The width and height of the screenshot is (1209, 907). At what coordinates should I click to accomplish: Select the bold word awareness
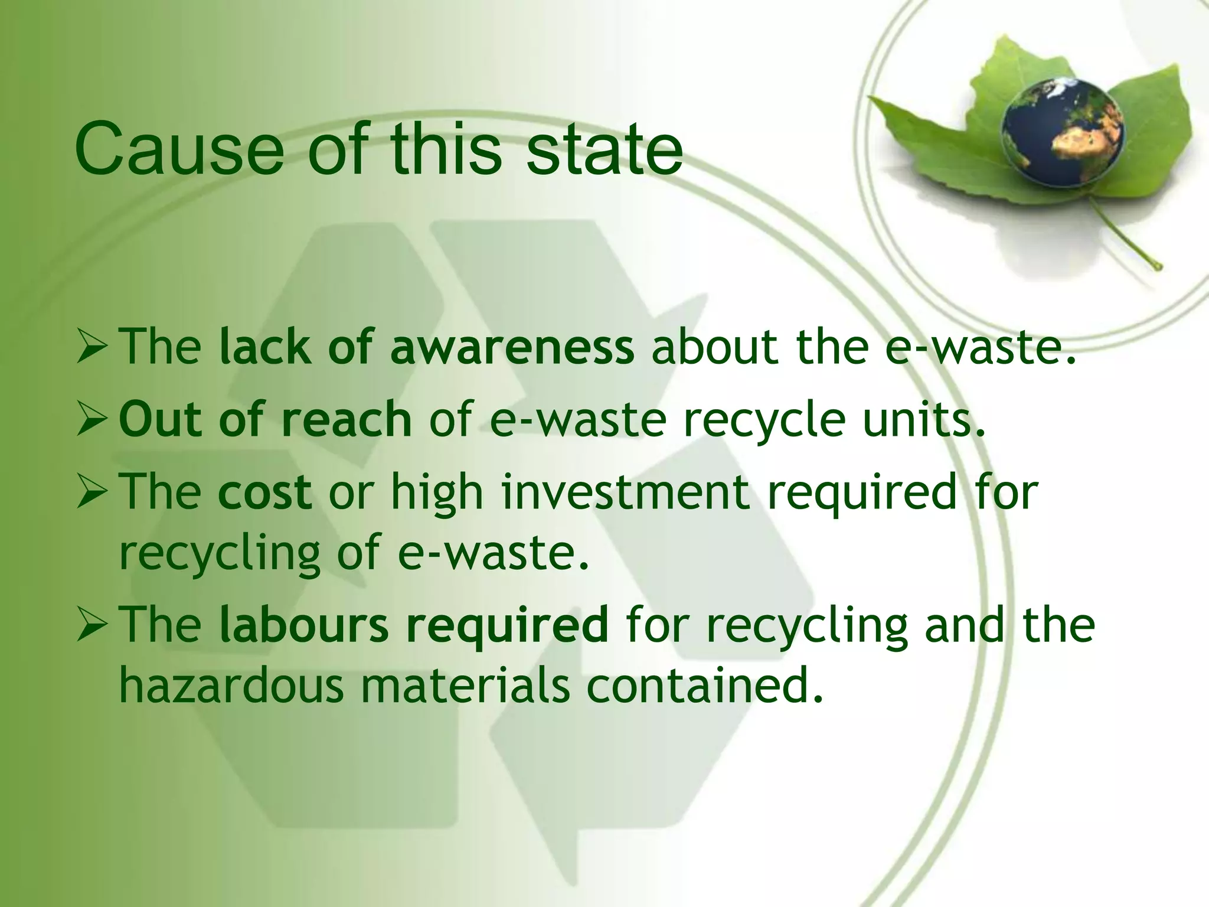click(x=512, y=348)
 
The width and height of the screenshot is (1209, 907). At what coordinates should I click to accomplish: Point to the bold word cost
click(x=264, y=491)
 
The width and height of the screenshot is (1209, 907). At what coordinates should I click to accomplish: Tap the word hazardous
click(x=231, y=686)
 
